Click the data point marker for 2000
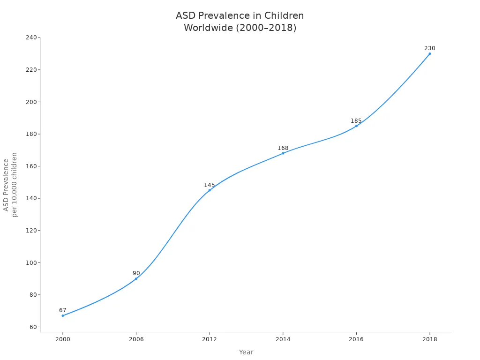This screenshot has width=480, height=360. [63, 315]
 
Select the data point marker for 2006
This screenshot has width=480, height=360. [136, 278]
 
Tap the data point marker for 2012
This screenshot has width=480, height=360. [210, 190]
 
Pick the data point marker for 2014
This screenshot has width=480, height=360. [283, 153]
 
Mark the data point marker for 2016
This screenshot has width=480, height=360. [356, 126]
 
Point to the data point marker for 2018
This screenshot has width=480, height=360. [429, 53]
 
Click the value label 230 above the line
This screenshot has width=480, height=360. [429, 48]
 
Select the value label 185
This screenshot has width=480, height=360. [356, 121]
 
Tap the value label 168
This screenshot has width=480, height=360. [283, 148]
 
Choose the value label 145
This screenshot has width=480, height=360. [210, 185]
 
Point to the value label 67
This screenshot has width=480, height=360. [63, 310]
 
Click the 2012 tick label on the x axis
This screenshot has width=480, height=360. [210, 339]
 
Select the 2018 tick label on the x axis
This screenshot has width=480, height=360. [429, 339]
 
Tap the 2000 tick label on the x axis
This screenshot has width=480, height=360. [63, 339]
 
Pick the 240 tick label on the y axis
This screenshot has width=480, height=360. [31, 37]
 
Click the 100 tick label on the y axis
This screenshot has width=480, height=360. [31, 262]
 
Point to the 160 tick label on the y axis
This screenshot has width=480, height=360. [31, 166]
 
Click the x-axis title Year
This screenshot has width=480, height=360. [246, 352]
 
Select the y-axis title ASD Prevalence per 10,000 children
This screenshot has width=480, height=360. [10, 185]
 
